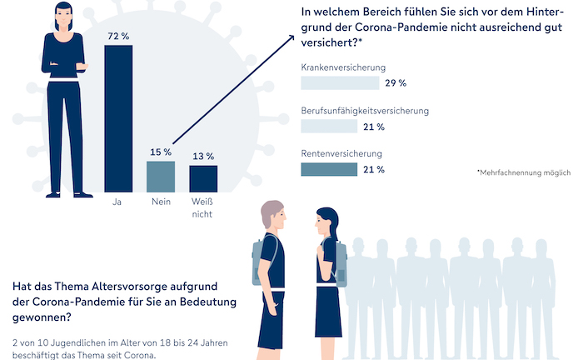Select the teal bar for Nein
161,176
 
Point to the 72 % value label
117,36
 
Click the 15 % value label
161,152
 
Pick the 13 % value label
203,156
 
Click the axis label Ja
117,202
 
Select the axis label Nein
161,202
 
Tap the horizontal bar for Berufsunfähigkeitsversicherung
328,127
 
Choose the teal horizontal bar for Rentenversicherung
328,170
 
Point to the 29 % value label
396,83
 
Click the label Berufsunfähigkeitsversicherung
364,110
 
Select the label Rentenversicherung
341,153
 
